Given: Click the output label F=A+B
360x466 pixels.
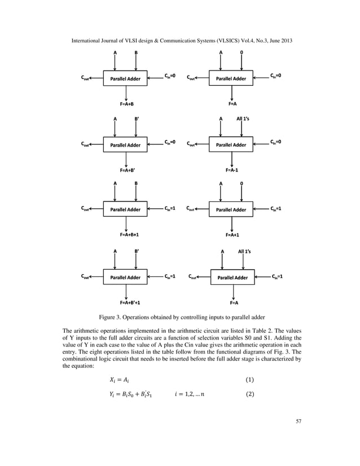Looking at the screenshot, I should [x=126, y=104].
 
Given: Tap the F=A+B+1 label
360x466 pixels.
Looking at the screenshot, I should [x=129, y=234].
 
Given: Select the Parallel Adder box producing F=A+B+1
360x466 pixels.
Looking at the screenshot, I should [x=125, y=209].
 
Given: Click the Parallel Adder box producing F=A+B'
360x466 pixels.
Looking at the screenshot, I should [x=125, y=144].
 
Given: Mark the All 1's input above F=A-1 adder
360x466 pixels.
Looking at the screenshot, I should [x=243, y=118].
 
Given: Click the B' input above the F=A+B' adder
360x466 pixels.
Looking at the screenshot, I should [x=136, y=118].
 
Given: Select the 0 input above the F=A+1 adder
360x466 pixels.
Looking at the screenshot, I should [x=242, y=183].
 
